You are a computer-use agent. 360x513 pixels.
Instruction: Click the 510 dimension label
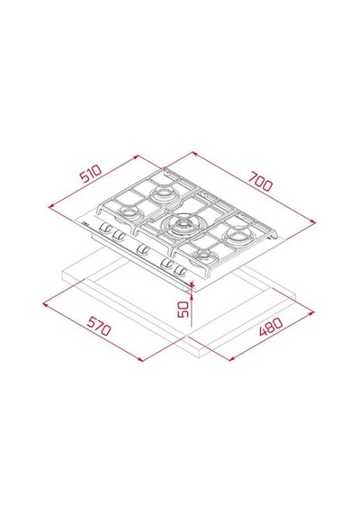coord(91,174)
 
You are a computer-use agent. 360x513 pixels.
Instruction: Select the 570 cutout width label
coord(98,326)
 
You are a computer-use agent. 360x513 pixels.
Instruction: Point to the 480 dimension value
coord(271,327)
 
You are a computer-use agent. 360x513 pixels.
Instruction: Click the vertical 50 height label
coord(183,310)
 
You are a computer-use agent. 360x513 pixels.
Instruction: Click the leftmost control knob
coord(105,228)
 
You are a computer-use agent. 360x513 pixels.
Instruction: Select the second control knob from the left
coord(118,234)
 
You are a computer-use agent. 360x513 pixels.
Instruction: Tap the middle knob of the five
coord(142,249)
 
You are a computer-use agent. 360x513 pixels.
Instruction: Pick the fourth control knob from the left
coord(166,263)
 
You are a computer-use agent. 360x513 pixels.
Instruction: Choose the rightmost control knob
coord(180,270)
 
